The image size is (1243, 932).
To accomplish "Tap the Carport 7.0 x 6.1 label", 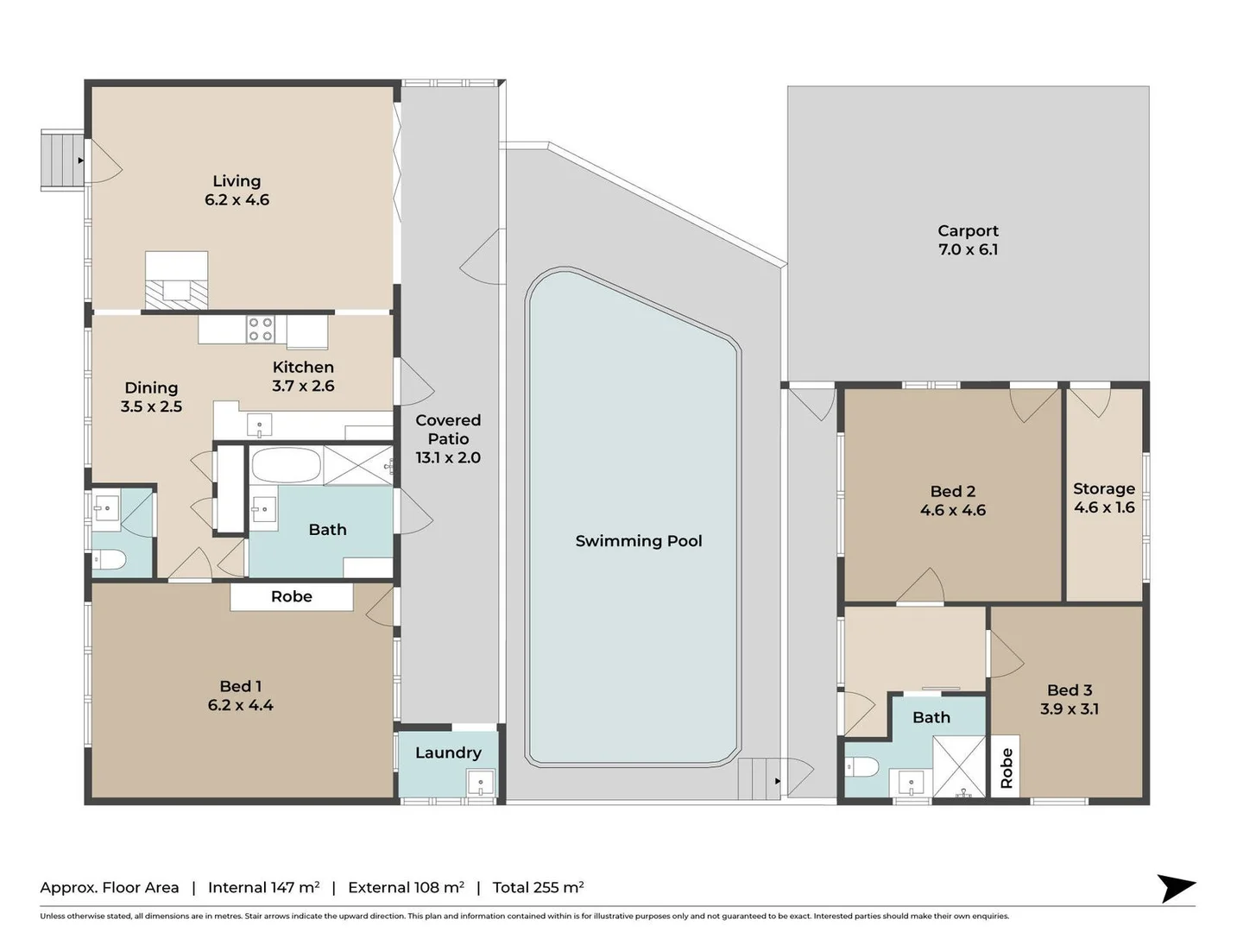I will click(x=968, y=240).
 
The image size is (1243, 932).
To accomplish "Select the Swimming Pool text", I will click(x=639, y=541).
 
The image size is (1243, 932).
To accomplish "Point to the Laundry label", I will click(x=448, y=753).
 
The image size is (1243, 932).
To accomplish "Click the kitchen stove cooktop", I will click(x=261, y=330).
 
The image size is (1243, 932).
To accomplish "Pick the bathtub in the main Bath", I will click(x=286, y=465).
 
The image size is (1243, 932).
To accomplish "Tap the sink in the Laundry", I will click(x=480, y=783).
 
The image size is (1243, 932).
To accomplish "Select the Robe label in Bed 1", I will click(x=292, y=596).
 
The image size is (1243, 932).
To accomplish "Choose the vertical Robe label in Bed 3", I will click(x=1006, y=768).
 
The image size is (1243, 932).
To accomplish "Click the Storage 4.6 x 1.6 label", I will click(x=1104, y=498).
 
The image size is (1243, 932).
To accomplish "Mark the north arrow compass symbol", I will click(x=1176, y=888).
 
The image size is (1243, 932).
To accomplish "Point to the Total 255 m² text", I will click(x=538, y=887).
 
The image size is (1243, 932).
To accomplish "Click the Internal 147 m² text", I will click(x=263, y=887).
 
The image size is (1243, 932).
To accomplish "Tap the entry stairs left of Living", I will click(x=63, y=160).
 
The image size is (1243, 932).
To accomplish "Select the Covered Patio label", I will click(x=448, y=438).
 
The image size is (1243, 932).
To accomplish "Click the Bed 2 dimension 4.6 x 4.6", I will click(x=953, y=510).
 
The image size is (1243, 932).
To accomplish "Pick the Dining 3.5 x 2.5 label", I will click(x=151, y=397).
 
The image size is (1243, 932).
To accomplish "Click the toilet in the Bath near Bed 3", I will click(x=863, y=766).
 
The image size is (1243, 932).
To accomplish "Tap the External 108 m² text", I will click(x=406, y=887).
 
